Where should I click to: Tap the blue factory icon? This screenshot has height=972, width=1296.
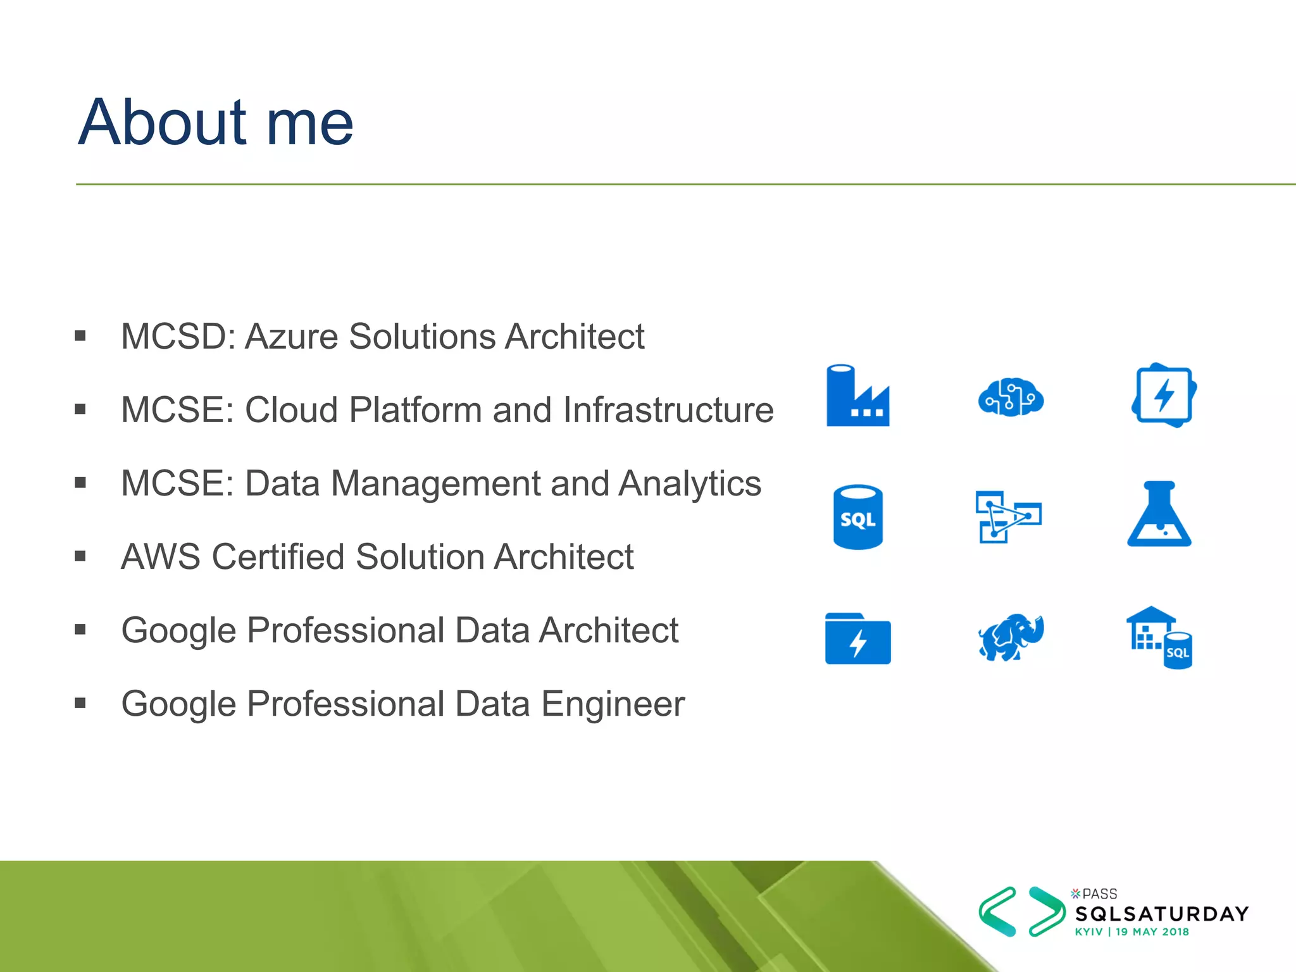point(857,397)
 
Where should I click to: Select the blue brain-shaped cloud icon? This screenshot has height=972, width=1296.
point(1011,397)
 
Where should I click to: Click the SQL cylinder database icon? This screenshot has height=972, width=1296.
point(857,518)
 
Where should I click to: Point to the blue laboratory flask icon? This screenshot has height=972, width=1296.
point(1159,516)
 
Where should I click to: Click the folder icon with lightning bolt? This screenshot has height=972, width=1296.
point(857,639)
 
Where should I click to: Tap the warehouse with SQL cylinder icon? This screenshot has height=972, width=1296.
point(1159,638)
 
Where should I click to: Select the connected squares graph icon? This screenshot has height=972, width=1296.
point(1008,516)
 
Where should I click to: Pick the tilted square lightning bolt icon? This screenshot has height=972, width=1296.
point(1163,396)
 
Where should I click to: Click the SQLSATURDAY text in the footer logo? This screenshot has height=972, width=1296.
point(1162,914)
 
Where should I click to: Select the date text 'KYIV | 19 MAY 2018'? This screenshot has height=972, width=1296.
point(1131,932)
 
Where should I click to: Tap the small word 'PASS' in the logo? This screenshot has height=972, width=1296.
point(1099,894)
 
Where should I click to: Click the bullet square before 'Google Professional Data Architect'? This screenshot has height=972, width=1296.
point(80,630)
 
